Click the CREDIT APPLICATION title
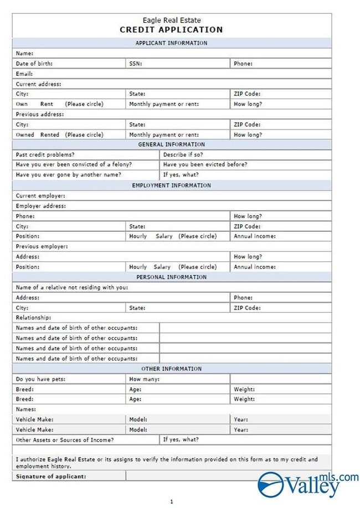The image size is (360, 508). coord(171,30)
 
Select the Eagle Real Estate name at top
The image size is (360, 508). coord(171,20)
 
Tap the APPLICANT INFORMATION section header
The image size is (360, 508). coord(171,43)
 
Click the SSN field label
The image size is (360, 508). coord(136,64)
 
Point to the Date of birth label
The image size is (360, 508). coord(34,64)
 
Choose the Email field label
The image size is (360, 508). coord(24,74)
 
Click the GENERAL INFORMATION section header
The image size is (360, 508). coord(171,144)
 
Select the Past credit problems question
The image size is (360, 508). coord(45,154)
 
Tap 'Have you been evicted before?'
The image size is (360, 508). coord(205,164)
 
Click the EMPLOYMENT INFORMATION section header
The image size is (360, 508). coord(171,185)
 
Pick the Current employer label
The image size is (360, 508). coord(40,195)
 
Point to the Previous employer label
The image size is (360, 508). coord(42,246)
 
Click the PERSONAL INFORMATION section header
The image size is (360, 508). coord(171,277)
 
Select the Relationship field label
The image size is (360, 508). coord(33,318)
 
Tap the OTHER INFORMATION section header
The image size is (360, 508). coord(171,369)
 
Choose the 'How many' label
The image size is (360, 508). coord(145,379)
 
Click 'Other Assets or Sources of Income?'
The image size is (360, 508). coord(65,440)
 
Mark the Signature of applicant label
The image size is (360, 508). coord(51,476)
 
